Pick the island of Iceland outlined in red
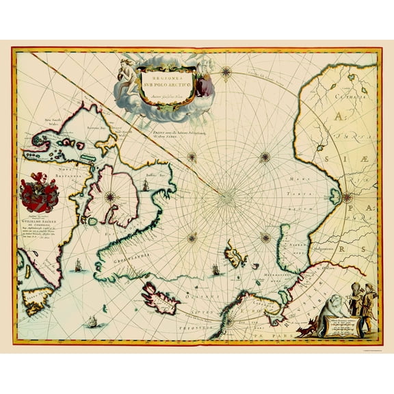[160, 297]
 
